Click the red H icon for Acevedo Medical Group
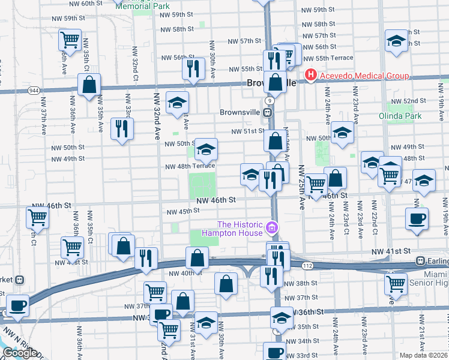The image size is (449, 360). point(310,76)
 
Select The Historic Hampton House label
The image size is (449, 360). point(232,228)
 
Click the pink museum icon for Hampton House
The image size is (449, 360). point(272,227)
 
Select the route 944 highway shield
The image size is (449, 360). point(32,91)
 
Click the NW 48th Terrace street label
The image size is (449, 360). point(190,166)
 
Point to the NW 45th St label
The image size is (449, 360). point(182,211)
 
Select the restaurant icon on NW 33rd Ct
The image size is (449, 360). point(122,128)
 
